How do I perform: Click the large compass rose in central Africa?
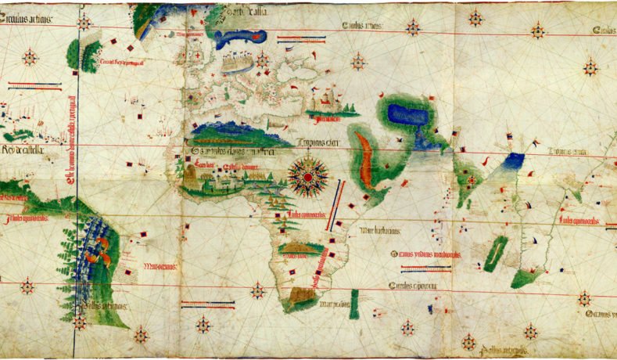coord(308,178)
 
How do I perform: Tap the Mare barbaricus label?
coord(381,231)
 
